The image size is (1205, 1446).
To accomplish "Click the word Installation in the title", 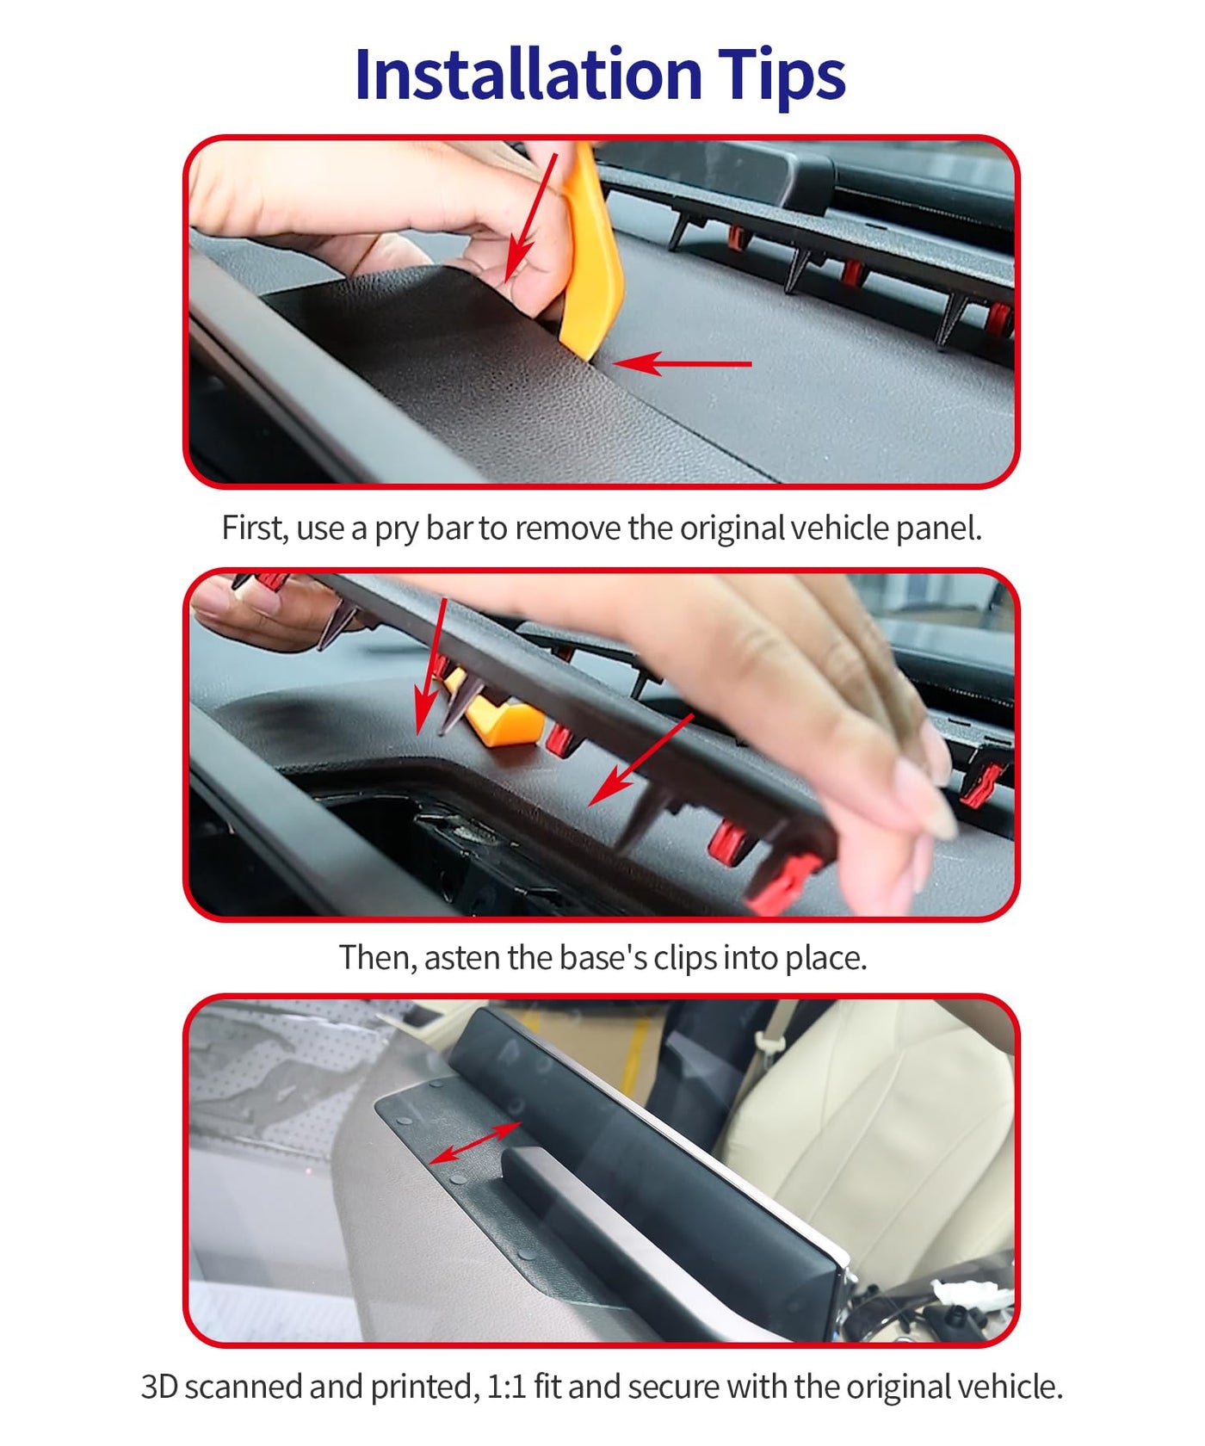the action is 528,74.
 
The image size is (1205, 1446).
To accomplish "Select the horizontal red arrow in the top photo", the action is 682,364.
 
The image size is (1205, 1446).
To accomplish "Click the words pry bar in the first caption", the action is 423,528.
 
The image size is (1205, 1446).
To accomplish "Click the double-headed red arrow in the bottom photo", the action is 474,1142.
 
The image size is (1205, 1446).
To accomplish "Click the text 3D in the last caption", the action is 160,1387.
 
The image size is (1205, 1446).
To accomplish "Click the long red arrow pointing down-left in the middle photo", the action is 641,759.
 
